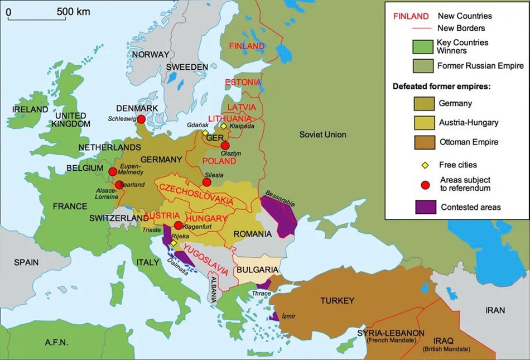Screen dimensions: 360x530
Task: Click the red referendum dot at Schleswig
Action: click(x=141, y=119)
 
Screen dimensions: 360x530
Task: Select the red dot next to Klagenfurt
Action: click(x=178, y=225)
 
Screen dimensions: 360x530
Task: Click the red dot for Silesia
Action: click(x=206, y=182)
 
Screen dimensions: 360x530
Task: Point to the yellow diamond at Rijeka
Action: click(x=174, y=243)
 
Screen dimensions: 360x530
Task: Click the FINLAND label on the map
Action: click(x=247, y=46)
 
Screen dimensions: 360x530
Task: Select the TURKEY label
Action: click(x=337, y=301)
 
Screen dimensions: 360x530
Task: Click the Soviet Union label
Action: click(x=322, y=135)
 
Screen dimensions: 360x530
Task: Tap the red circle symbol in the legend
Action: click(x=425, y=184)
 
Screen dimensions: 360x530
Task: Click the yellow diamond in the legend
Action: click(x=425, y=165)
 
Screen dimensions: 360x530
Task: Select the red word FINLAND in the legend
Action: click(x=411, y=16)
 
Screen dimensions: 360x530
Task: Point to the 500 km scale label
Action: click(x=74, y=11)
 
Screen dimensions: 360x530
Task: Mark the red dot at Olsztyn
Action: click(x=225, y=145)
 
